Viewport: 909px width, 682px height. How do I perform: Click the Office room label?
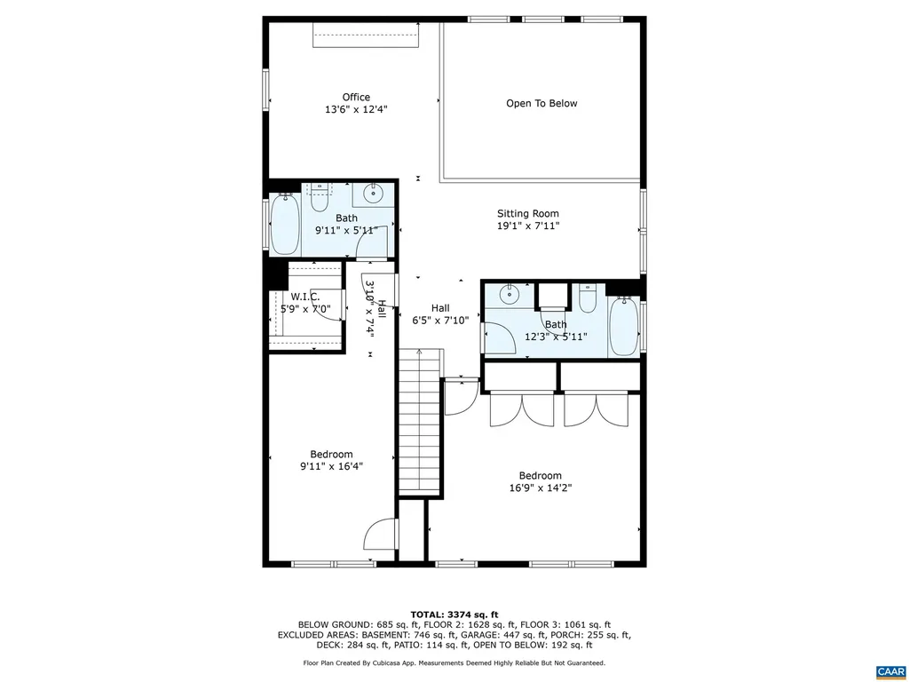pyautogui.click(x=356, y=98)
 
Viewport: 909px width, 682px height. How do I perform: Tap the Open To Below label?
pyautogui.click(x=541, y=104)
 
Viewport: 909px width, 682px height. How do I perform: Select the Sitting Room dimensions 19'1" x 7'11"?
pyautogui.click(x=527, y=226)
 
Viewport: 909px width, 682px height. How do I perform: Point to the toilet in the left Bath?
pyautogui.click(x=319, y=197)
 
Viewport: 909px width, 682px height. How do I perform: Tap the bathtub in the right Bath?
pyautogui.click(x=622, y=326)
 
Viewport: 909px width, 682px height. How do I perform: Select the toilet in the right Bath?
pyautogui.click(x=587, y=298)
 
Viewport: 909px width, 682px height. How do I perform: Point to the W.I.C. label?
pyautogui.click(x=304, y=297)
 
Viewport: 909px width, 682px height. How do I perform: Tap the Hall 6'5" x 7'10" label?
pyautogui.click(x=440, y=314)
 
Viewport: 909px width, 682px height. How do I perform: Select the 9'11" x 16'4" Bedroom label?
pyautogui.click(x=331, y=460)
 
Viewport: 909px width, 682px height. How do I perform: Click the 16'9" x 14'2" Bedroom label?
pyautogui.click(x=540, y=481)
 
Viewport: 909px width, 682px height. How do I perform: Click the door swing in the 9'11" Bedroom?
pyautogui.click(x=379, y=535)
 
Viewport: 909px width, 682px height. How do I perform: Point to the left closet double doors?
pyautogui.click(x=521, y=409)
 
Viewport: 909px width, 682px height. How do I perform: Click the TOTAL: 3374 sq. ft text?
pyautogui.click(x=454, y=615)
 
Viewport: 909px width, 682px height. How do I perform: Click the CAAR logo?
pyautogui.click(x=889, y=670)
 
